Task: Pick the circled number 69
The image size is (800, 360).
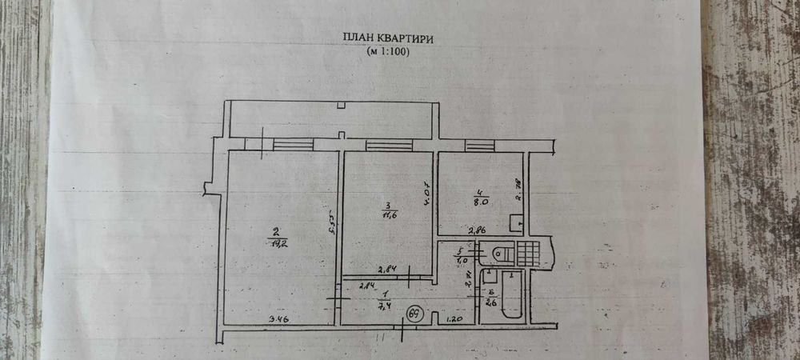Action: coord(415,313)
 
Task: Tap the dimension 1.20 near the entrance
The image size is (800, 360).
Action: coord(454,319)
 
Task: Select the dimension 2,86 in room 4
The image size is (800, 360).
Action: coord(478,230)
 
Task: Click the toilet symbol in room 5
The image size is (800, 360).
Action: coord(499,254)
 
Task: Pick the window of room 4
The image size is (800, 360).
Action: coord(480,144)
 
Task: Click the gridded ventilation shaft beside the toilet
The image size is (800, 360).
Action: coord(529,253)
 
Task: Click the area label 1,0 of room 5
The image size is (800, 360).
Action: coord(482,260)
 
